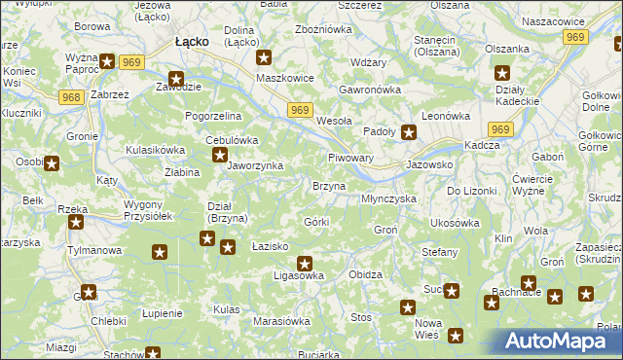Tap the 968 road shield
point(69,97)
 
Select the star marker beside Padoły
point(410,133)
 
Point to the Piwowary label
point(351,158)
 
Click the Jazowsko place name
point(430,165)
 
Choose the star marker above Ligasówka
point(305,262)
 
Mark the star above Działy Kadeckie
point(502,73)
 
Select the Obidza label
point(365,274)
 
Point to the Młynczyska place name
point(388,198)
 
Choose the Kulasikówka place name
point(155,150)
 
